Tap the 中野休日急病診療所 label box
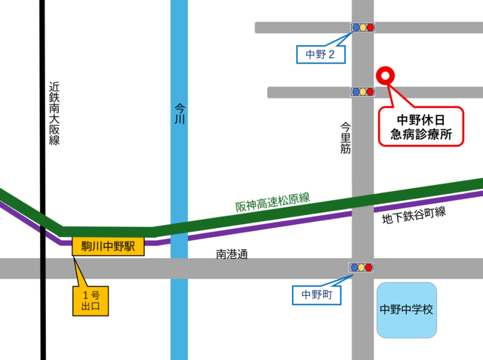pyautogui.click(x=420, y=128)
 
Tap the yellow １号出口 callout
pyautogui.click(x=91, y=300)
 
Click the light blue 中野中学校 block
pyautogui.click(x=406, y=309)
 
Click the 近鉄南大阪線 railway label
pyautogui.click(x=54, y=113)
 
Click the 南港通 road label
pyautogui.click(x=231, y=254)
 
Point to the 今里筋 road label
pyautogui.click(x=346, y=138)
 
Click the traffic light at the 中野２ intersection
pyautogui.click(x=362, y=27)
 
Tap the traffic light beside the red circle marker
pyautogui.click(x=362, y=92)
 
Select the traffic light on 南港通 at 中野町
pyautogui.click(x=362, y=267)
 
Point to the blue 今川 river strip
pyautogui.click(x=179, y=317)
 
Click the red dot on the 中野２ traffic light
pyautogui.click(x=371, y=27)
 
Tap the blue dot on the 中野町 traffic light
pyautogui.click(x=354, y=267)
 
